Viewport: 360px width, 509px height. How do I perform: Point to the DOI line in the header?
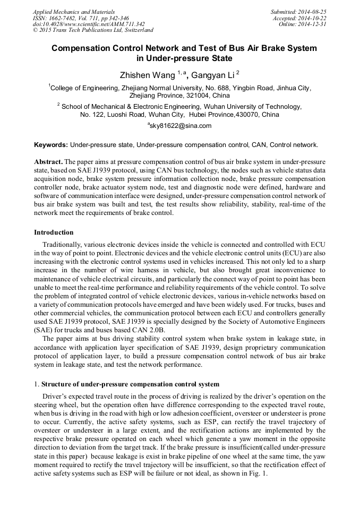click(x=89, y=24)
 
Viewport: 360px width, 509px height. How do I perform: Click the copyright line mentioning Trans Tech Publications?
click(x=93, y=30)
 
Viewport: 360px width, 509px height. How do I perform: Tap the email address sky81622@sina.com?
click(x=181, y=126)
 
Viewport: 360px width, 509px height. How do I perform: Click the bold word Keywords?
click(x=51, y=144)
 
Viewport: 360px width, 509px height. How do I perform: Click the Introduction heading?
click(x=54, y=232)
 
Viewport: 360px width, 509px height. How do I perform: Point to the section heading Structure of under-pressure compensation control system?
click(x=130, y=384)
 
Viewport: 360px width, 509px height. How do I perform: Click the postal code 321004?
click(x=199, y=96)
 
